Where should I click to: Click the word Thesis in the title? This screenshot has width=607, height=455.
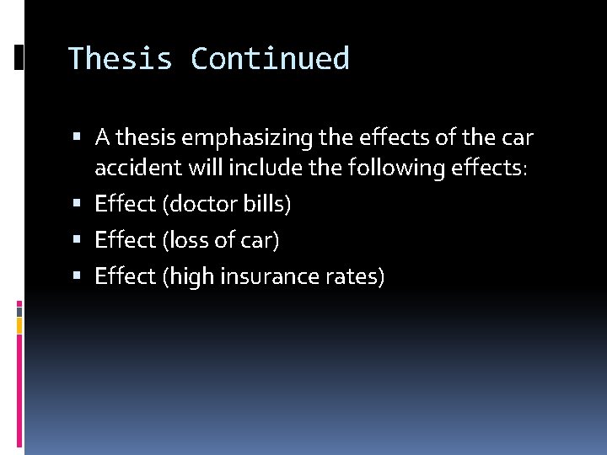tap(120, 59)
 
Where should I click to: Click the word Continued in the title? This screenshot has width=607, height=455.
tap(270, 59)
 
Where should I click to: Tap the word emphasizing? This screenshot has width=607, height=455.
tap(246, 136)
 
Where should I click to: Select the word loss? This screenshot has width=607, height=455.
tap(189, 240)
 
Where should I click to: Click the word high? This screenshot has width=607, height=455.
tap(191, 276)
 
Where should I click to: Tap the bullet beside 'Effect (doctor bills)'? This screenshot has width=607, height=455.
tap(78, 204)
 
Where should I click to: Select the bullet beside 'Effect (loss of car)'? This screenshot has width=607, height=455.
tap(78, 240)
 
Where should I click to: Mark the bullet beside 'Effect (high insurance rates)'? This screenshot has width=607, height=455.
tap(78, 276)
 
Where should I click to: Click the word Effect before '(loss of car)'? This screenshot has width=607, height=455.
tap(125, 240)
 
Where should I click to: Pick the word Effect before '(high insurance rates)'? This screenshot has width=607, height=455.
tap(125, 276)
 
